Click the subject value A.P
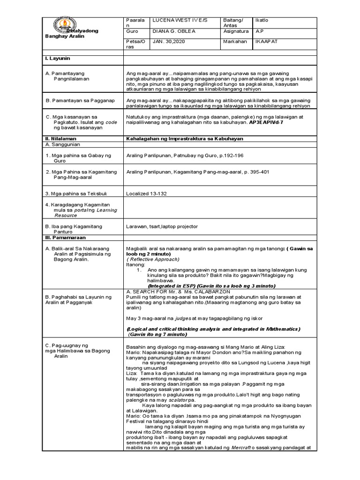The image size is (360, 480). pos(259,31)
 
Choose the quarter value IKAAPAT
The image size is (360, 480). pos(266,41)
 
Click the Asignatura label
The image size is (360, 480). pos(223,31)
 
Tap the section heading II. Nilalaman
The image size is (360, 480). pos(60,139)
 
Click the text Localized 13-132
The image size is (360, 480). pos(146,193)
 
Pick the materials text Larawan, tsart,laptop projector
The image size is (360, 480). pos(162,226)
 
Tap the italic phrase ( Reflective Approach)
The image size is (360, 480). pos(153,259)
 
